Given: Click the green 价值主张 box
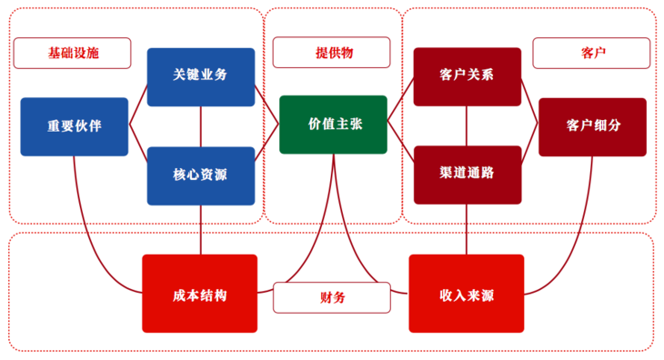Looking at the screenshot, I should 333,125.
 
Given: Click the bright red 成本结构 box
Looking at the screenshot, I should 199,294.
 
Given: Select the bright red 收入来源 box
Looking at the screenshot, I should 466,294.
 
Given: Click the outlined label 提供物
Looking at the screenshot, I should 333,54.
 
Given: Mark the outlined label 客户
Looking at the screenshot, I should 592,54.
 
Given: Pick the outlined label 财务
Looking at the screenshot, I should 332,297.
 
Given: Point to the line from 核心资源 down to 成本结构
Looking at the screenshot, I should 201,229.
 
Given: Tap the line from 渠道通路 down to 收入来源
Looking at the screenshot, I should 467,229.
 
